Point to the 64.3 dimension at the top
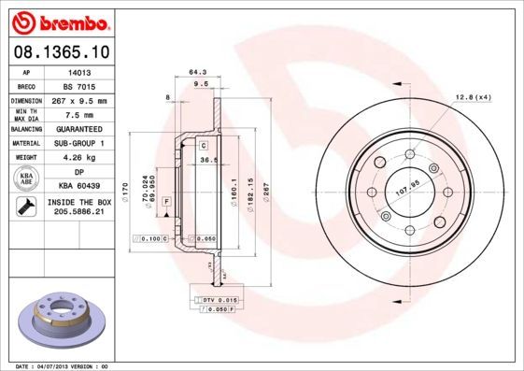click(197, 72)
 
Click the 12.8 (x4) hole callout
click(474, 98)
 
